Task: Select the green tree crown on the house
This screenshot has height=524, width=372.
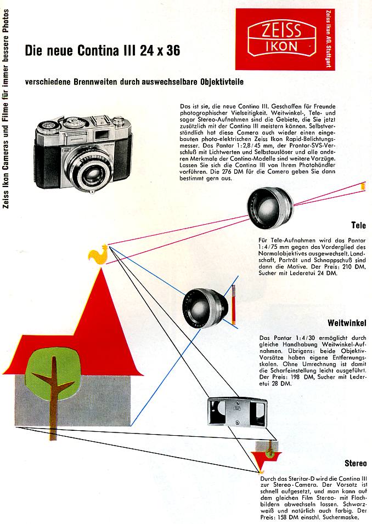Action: [x=53, y=368]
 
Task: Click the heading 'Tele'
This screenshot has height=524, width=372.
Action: [x=358, y=225]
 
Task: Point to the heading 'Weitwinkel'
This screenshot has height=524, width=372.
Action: [x=347, y=323]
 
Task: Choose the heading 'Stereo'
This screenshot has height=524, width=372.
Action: [x=356, y=464]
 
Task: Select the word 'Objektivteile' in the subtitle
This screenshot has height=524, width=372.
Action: [x=216, y=82]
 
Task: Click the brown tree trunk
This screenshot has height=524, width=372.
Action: [x=54, y=397]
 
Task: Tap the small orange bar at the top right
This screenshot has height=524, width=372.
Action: [x=363, y=186]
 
